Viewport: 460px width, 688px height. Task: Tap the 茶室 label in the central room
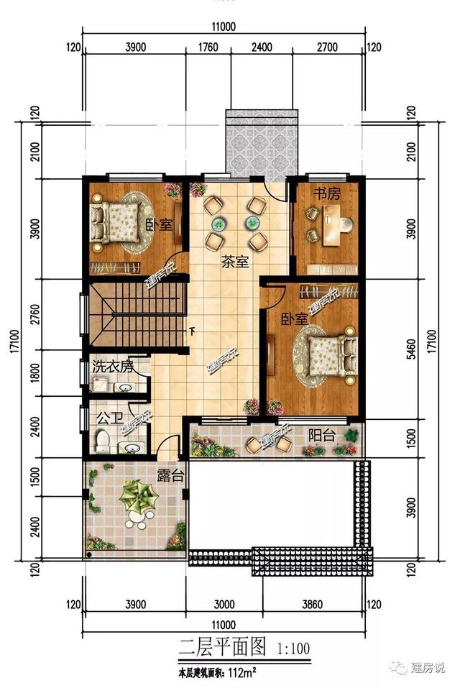[235, 262]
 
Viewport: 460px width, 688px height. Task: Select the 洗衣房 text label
[113, 366]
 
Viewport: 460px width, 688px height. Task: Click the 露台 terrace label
[171, 475]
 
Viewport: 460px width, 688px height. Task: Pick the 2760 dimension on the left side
[34, 316]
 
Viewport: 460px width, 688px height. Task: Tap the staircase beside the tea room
[137, 316]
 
